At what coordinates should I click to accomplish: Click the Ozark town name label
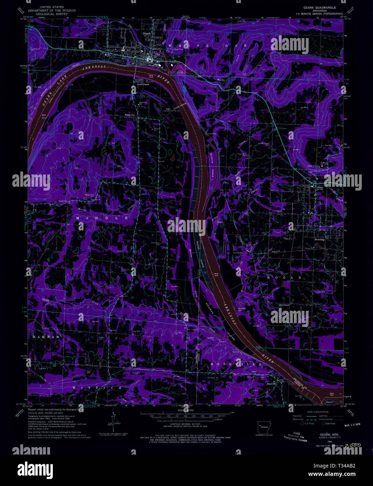coord(146,34)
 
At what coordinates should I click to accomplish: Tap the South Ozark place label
coord(143,84)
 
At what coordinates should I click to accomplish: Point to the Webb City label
coord(130,115)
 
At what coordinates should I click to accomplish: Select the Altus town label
coord(319,187)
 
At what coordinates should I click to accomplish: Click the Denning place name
coord(319,240)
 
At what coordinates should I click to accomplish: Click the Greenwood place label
coord(284,305)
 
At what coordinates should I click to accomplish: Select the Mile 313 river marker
coord(44,117)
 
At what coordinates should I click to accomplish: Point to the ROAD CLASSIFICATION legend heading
coord(318,412)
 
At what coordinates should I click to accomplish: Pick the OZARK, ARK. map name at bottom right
coord(324,434)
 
